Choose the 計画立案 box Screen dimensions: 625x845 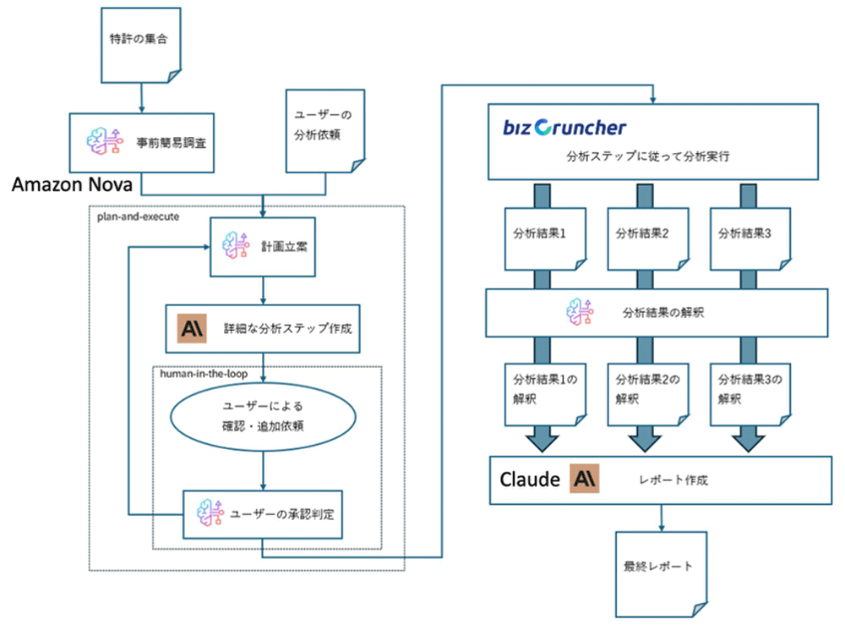(x=264, y=249)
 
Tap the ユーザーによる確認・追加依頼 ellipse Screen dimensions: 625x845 (x=264, y=416)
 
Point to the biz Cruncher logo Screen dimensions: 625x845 (x=564, y=128)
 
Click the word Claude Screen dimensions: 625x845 (x=530, y=480)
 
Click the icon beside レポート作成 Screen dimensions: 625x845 (x=586, y=479)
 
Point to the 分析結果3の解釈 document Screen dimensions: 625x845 (x=744, y=387)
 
